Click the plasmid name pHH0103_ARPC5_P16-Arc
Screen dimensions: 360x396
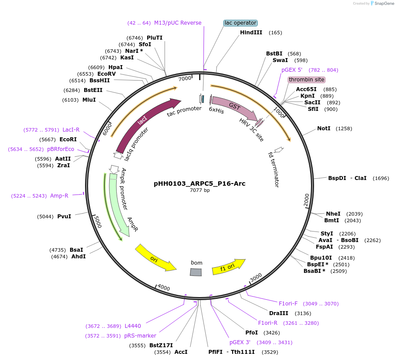tap(200, 184)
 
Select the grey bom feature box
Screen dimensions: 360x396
tap(196, 272)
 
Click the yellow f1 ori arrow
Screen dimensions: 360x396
tap(228, 267)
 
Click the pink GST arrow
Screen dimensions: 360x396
tap(234, 107)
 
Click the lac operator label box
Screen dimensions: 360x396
tap(240, 23)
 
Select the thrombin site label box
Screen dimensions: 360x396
tap(307, 80)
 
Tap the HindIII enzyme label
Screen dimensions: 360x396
tap(251, 33)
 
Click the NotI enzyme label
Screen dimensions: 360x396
tap(324, 129)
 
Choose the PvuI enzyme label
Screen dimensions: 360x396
tap(64, 217)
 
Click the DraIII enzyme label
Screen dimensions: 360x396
tap(278, 313)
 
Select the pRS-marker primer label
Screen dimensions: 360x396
tap(140, 336)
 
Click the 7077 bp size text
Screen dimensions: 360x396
tap(200, 191)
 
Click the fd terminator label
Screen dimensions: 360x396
tap(274, 169)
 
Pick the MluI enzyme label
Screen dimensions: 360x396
tap(89, 100)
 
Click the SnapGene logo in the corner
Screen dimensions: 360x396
tap(382, 4)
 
